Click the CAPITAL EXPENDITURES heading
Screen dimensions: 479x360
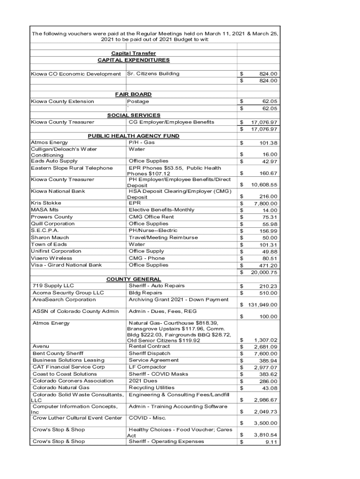click(133, 60)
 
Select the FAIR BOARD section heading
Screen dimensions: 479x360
click(133, 94)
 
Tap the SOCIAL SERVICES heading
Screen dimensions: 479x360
click(133, 115)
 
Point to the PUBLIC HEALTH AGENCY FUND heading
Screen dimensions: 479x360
click(133, 136)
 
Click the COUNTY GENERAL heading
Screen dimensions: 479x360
click(133, 279)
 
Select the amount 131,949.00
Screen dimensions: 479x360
click(261, 305)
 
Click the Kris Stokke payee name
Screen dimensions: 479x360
click(46, 203)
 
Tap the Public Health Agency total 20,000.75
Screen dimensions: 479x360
click(264, 272)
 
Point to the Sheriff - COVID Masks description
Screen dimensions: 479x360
click(158, 374)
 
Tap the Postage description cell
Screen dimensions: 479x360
click(139, 102)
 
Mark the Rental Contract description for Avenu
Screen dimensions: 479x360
click(149, 347)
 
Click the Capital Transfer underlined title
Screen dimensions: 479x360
click(133, 53)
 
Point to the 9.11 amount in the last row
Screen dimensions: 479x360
click(271, 442)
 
